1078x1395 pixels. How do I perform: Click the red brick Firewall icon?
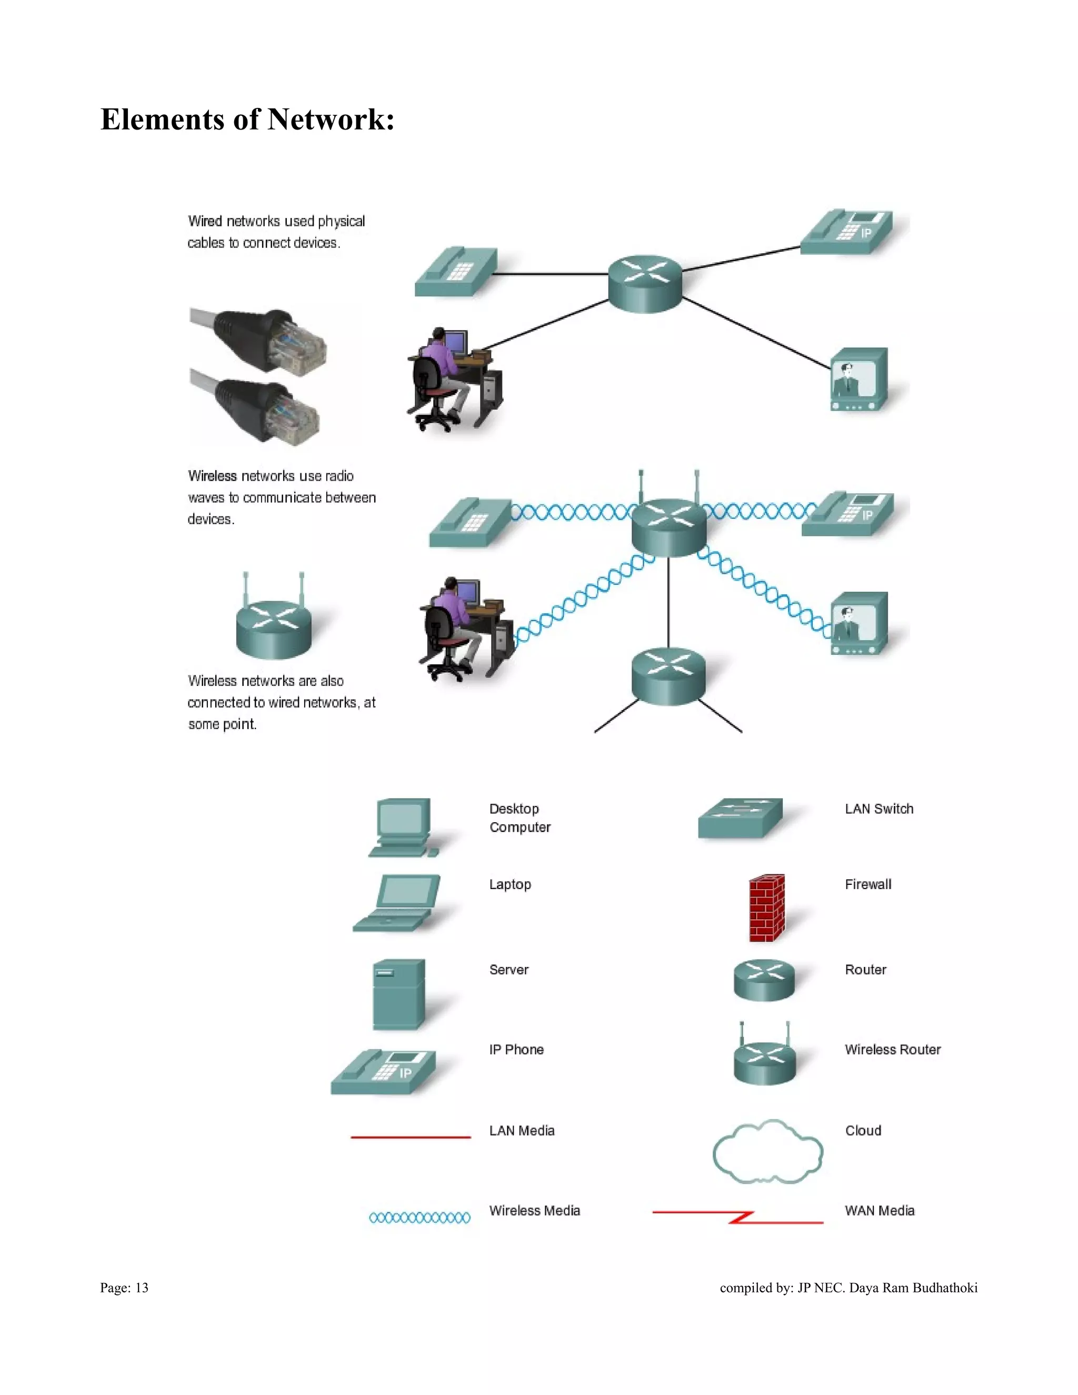pos(766,908)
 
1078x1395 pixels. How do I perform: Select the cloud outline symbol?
pos(767,1153)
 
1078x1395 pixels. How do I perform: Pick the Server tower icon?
pos(398,994)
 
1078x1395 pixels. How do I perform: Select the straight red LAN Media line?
pos(411,1137)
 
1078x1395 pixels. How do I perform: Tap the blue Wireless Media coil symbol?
pos(420,1218)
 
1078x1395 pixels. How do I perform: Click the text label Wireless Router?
pos(892,1050)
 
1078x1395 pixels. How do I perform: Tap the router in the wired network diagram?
pos(645,284)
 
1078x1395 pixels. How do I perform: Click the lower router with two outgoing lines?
pos(668,676)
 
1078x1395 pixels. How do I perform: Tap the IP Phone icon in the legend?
pos(383,1071)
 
